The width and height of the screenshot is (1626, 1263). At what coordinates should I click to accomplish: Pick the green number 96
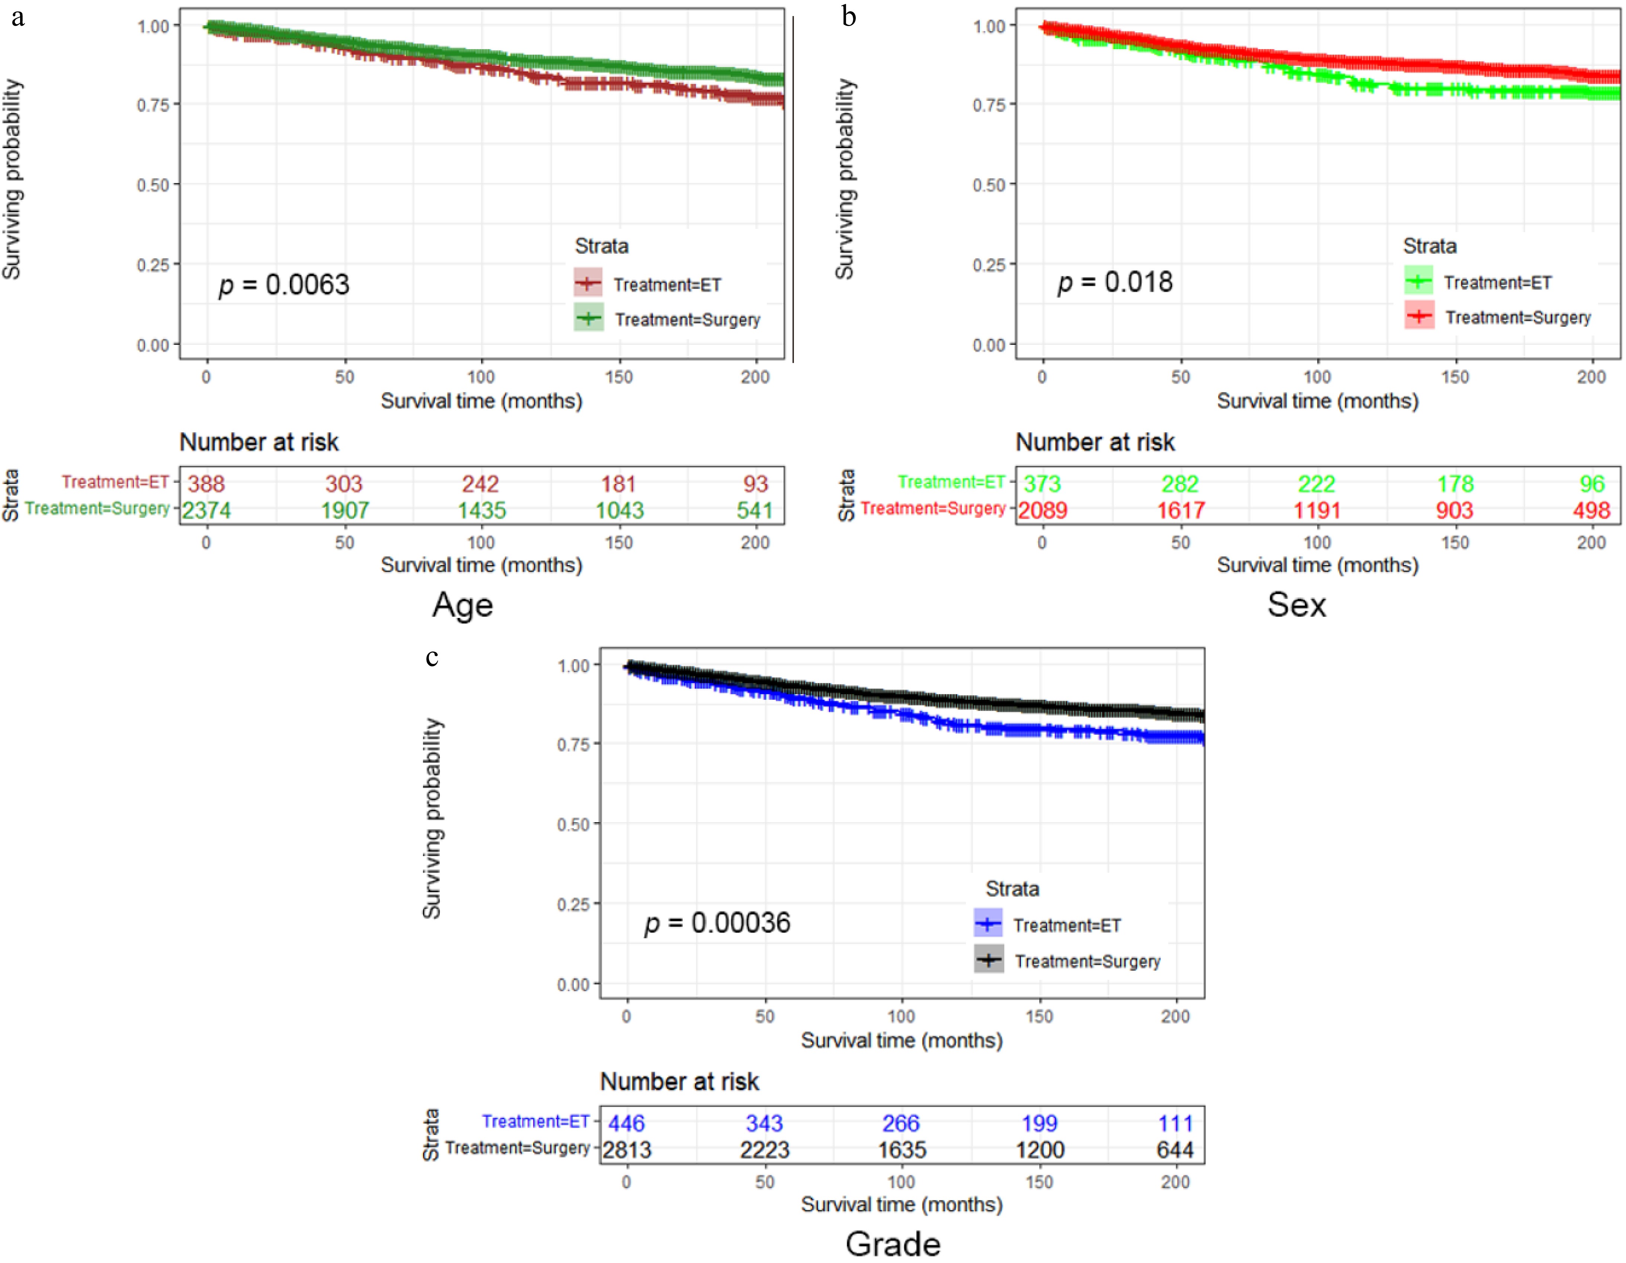point(1592,484)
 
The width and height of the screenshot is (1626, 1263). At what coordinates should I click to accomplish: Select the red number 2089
point(1042,510)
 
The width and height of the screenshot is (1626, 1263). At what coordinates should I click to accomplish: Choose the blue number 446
point(626,1123)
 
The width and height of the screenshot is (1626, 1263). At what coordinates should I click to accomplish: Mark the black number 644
point(1175,1150)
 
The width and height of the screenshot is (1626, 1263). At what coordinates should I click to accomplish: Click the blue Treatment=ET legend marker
point(988,924)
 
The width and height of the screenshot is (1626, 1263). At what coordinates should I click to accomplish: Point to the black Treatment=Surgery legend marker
point(988,960)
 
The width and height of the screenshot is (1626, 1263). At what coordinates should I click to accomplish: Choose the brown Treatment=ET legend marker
point(588,283)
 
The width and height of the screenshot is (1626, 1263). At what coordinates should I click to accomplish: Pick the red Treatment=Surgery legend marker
point(1419,316)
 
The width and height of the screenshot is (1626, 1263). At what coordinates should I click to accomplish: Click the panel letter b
point(849,16)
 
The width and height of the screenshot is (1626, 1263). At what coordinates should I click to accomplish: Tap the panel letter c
point(432,657)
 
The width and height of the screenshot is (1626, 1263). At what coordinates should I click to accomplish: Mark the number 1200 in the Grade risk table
point(1039,1150)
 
